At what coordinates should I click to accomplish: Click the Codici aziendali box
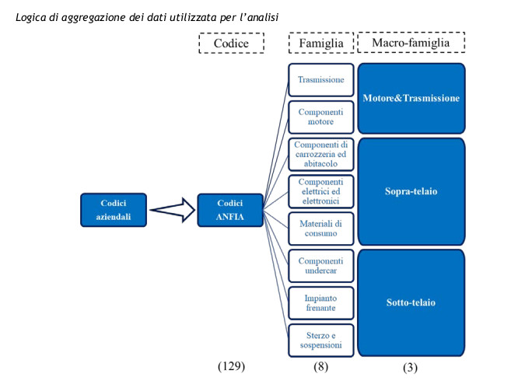click(x=114, y=210)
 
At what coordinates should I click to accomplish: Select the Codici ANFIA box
click(x=230, y=210)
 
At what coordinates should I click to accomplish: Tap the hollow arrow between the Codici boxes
click(x=173, y=210)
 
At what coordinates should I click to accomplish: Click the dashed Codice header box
click(x=231, y=43)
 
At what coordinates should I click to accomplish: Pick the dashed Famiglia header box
click(x=321, y=43)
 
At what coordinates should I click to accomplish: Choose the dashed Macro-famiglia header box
click(x=411, y=42)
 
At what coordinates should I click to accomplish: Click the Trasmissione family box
click(x=320, y=80)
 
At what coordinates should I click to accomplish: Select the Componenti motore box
click(x=320, y=117)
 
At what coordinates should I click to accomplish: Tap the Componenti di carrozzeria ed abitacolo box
click(x=320, y=154)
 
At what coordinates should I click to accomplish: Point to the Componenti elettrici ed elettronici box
click(x=320, y=191)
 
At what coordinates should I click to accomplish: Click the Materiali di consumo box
click(x=320, y=229)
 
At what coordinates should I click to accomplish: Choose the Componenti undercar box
click(x=320, y=266)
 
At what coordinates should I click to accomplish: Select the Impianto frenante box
click(x=320, y=303)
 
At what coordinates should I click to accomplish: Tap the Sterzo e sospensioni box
click(x=320, y=340)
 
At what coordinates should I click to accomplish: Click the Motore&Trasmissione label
click(x=411, y=98)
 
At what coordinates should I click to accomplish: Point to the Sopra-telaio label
click(x=411, y=191)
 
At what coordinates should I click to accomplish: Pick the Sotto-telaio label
click(x=411, y=302)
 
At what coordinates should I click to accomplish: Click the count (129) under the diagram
click(x=231, y=366)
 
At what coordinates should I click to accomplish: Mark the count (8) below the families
click(x=320, y=366)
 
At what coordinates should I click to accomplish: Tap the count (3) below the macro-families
click(x=411, y=368)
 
